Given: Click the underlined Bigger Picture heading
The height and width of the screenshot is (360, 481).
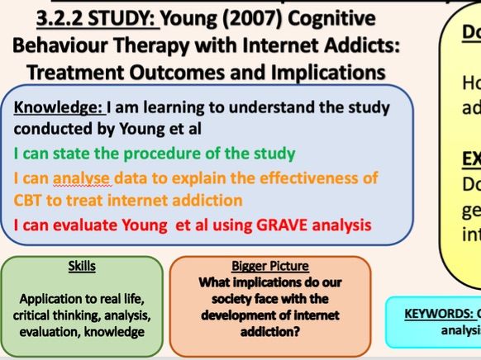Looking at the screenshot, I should pos(270,267).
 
